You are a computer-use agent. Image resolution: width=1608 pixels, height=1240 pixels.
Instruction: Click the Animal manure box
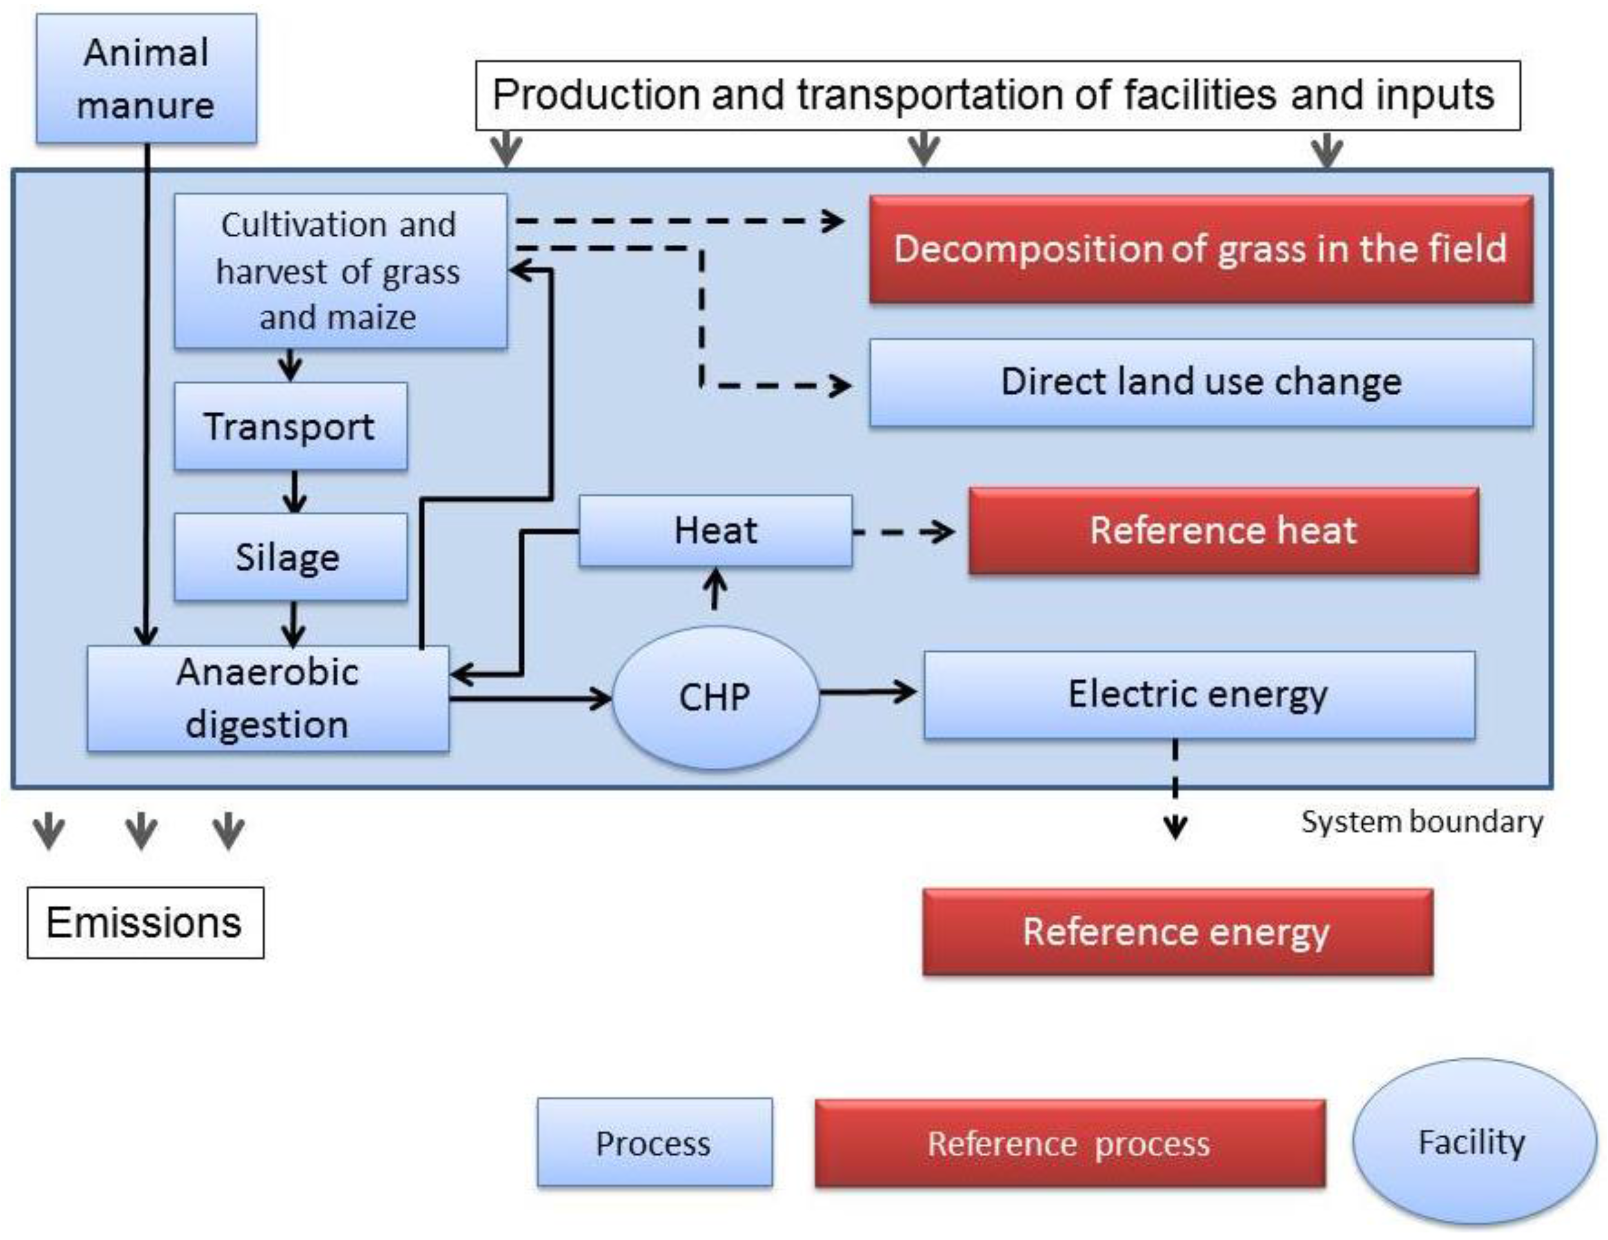tap(146, 78)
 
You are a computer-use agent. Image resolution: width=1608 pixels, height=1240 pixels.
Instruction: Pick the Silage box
tap(290, 557)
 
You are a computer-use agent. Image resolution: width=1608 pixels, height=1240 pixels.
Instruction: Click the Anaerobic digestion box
tap(267, 699)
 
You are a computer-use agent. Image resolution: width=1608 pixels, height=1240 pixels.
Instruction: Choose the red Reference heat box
tap(1223, 531)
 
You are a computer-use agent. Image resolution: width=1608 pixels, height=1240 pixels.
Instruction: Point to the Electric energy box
tap(1198, 694)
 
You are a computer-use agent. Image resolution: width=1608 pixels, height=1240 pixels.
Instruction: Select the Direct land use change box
tap(1201, 382)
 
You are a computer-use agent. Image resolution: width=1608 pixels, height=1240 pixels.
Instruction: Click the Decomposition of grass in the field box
tap(1201, 249)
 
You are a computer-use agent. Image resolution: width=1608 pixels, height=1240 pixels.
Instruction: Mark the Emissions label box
tap(145, 923)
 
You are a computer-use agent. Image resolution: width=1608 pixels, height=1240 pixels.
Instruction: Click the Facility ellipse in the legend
tap(1473, 1142)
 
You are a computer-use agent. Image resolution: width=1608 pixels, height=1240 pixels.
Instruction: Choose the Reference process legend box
tap(1069, 1143)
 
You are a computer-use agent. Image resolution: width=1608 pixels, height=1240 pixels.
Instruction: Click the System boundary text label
tap(1421, 822)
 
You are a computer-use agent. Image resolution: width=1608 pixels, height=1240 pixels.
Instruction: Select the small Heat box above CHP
tap(715, 531)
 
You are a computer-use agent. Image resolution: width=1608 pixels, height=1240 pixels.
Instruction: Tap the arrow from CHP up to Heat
tap(714, 591)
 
